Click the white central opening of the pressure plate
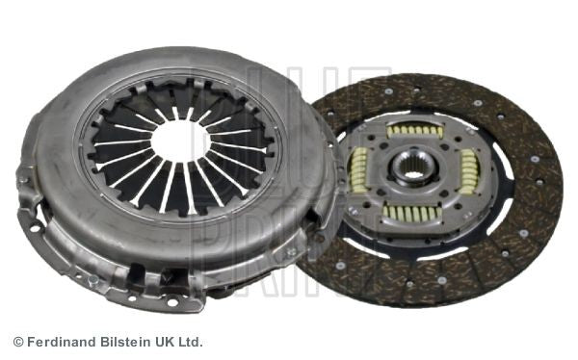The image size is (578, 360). click(179, 141)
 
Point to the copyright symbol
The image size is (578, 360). click(17, 342)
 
